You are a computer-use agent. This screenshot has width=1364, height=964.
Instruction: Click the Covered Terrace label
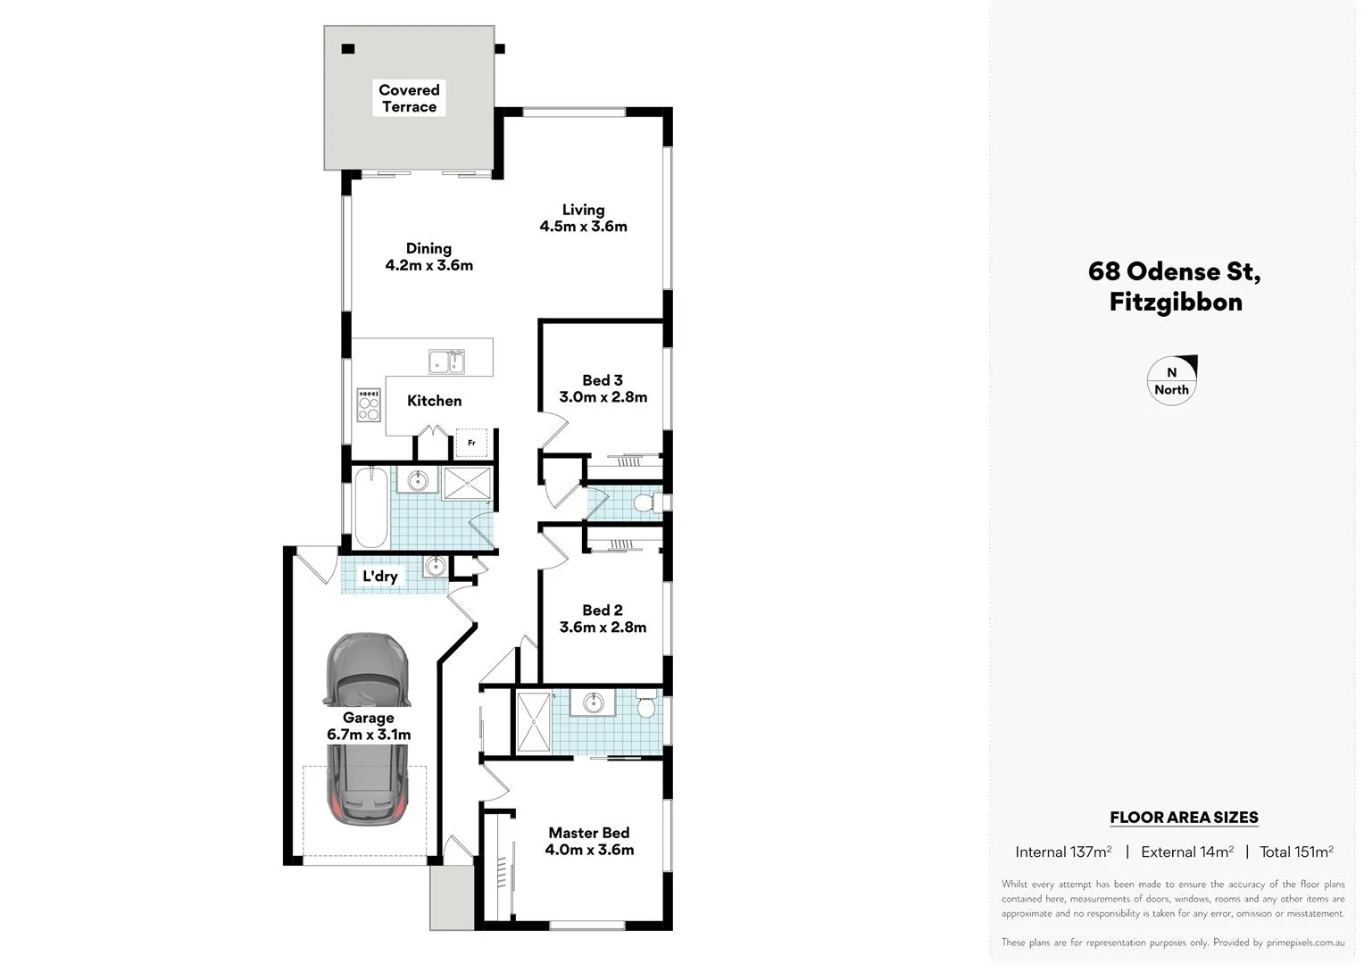point(409,98)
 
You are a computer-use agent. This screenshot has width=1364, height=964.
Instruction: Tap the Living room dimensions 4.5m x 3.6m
point(583,227)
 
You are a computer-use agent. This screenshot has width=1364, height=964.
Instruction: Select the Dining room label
point(428,248)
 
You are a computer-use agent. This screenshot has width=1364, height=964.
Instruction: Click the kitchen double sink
point(446,361)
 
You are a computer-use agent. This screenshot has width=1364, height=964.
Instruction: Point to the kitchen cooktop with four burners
point(368,404)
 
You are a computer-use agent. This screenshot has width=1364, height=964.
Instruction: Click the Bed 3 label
point(603,380)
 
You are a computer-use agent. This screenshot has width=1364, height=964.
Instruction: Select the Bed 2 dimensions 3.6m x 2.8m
point(603,627)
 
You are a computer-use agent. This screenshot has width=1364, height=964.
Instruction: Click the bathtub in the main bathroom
point(370,508)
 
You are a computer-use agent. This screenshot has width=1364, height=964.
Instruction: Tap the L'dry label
point(379,577)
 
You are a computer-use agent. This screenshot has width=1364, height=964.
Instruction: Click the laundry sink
point(434,566)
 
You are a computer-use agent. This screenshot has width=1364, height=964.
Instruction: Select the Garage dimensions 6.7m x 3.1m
point(369,735)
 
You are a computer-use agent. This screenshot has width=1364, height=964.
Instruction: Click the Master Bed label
point(589,833)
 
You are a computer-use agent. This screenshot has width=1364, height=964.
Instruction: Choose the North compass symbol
point(1171,380)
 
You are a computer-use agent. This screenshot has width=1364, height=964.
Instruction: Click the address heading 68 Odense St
point(1174,271)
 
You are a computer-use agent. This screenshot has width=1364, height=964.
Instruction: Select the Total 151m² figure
point(1296,852)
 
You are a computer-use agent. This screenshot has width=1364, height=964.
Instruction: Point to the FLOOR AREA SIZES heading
point(1184,817)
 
